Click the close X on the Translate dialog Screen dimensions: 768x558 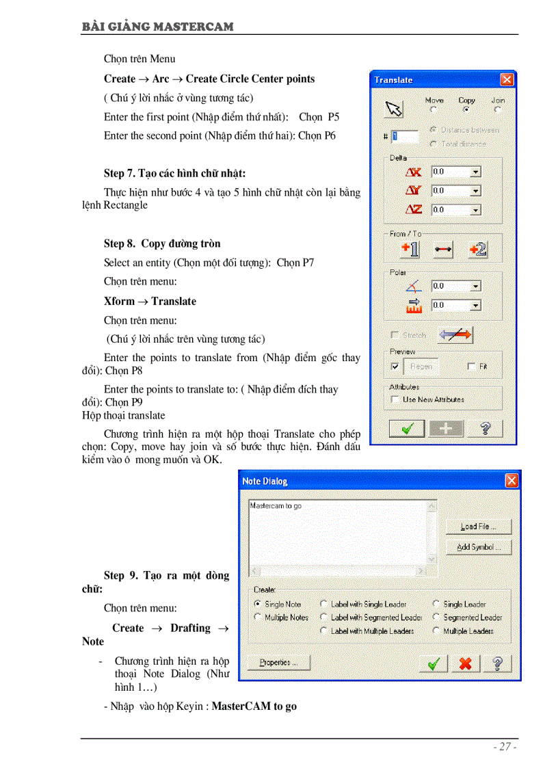click(507, 80)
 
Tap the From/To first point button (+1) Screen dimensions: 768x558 click(410, 250)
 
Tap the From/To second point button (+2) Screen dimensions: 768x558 click(478, 250)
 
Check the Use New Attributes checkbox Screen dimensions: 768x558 click(395, 399)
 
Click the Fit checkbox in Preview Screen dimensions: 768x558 click(471, 367)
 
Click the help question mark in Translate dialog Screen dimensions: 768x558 click(485, 428)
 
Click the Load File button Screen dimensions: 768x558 click(478, 527)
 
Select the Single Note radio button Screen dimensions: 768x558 click(257, 605)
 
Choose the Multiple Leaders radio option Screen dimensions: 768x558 click(436, 631)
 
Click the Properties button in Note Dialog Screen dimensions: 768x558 click(278, 663)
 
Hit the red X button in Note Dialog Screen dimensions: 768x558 click(466, 663)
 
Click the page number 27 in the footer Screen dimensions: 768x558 click(505, 747)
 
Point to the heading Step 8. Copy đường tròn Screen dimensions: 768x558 click(162, 244)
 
